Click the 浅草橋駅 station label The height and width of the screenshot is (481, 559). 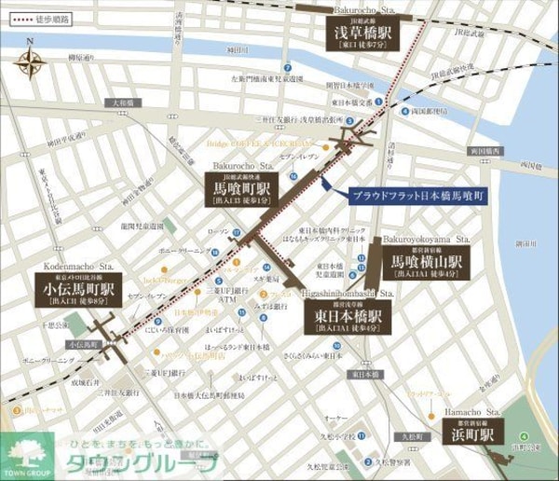[x=362, y=33]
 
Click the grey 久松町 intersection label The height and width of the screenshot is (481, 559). [x=411, y=435]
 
